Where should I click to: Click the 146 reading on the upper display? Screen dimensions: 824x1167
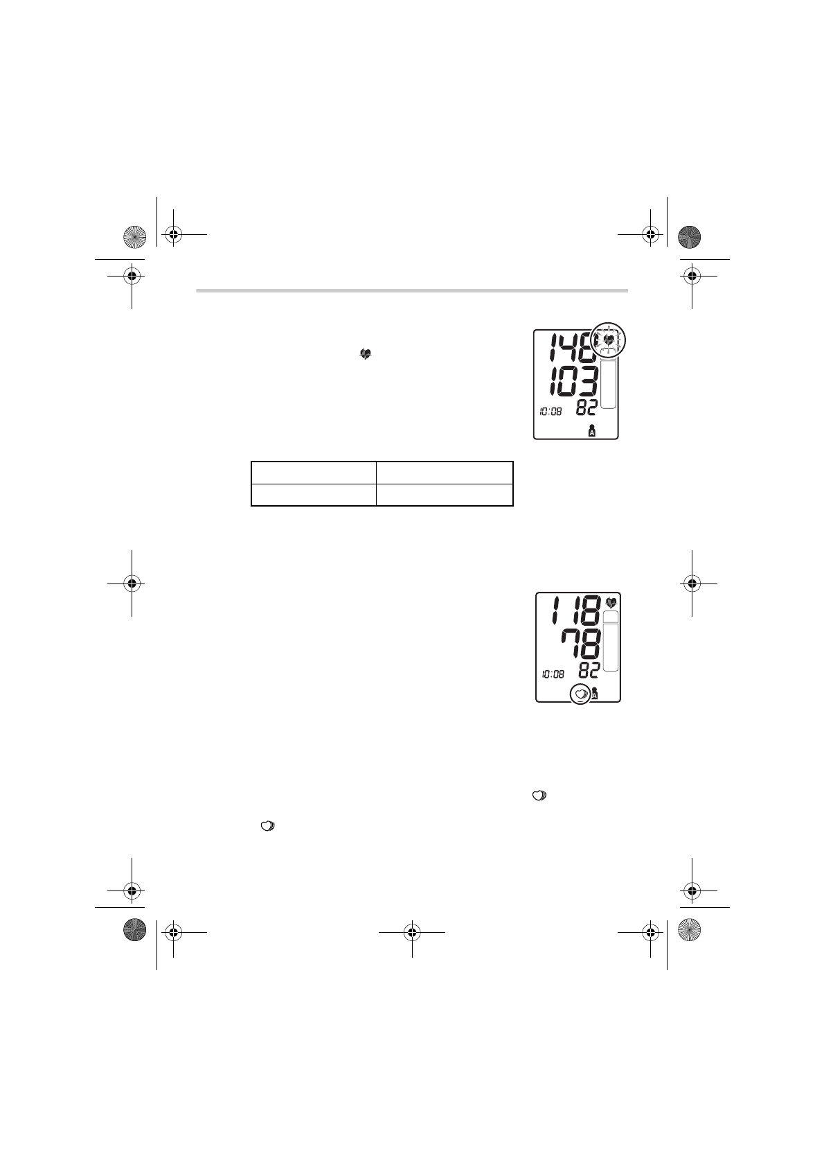pyautogui.click(x=571, y=347)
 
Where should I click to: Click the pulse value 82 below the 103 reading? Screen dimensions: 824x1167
pyautogui.click(x=586, y=408)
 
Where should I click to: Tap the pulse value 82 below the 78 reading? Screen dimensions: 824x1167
pyautogui.click(x=589, y=671)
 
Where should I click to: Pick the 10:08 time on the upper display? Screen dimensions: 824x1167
pyautogui.click(x=550, y=412)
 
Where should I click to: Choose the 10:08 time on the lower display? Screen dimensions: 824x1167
pyautogui.click(x=553, y=674)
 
